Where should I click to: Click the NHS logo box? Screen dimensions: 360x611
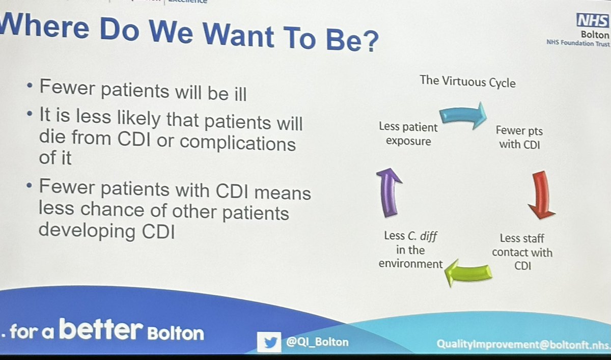pyautogui.click(x=593, y=21)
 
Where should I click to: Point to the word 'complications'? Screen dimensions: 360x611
pyautogui.click(x=237, y=143)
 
